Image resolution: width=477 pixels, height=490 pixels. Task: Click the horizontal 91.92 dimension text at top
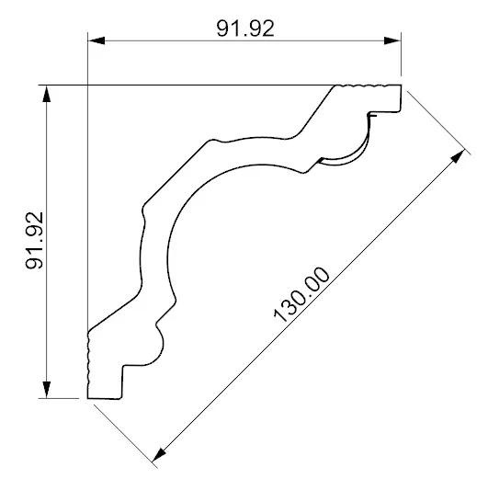click(244, 27)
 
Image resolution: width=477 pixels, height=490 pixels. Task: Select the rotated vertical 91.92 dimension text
click(35, 242)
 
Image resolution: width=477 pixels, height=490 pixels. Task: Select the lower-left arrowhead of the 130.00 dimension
click(162, 451)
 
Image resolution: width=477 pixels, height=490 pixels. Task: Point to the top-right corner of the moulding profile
click(403, 85)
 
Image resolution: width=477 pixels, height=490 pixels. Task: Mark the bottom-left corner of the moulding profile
click(88, 398)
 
